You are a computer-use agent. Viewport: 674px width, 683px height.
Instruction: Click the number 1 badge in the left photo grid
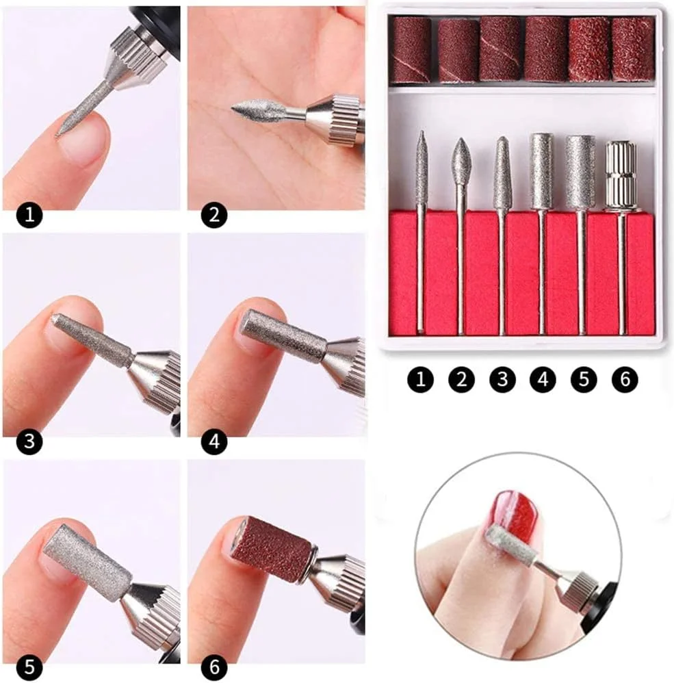pos(29,215)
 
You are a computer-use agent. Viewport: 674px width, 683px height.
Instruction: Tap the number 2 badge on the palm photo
pos(214,215)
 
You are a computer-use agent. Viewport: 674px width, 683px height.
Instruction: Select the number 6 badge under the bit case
pos(624,379)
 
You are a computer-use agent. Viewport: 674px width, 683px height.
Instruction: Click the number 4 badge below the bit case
pos(543,379)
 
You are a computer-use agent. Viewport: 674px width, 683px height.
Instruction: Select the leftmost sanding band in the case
pos(411,50)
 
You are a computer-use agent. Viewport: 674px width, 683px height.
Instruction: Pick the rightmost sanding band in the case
pos(634,49)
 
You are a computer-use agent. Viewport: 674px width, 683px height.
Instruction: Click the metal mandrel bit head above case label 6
pos(621,176)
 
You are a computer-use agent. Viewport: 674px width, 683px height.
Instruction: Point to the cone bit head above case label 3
pos(502,171)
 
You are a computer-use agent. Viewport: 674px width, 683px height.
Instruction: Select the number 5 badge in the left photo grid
pos(29,667)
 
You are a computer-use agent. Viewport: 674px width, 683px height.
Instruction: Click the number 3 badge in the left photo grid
pos(29,441)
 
